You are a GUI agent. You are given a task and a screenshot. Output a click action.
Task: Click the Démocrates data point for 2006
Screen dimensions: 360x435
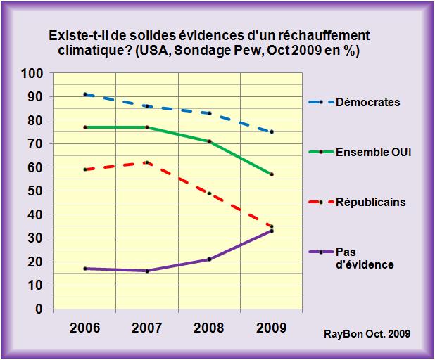coord(85,94)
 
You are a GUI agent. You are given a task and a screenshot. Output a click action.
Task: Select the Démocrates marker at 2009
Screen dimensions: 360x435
coord(272,131)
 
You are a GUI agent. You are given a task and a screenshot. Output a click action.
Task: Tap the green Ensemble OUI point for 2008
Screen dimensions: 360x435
coord(209,141)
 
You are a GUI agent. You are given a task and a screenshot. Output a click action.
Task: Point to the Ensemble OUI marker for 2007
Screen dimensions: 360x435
coord(147,127)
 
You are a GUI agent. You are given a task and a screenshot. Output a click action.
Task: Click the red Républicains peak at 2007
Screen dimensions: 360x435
coord(147,162)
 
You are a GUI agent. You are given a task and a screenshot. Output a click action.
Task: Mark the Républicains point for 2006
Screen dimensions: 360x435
coord(85,169)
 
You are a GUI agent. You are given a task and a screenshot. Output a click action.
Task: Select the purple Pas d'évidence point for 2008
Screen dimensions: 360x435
coord(209,259)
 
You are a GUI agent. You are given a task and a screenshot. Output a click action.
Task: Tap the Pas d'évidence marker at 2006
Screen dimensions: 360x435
coord(85,269)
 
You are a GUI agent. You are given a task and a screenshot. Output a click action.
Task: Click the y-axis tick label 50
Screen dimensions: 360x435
coord(37,191)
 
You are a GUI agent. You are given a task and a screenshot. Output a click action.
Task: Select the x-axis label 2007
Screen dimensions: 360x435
coord(147,328)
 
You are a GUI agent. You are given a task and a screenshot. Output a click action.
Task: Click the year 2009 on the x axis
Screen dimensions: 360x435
coord(271,328)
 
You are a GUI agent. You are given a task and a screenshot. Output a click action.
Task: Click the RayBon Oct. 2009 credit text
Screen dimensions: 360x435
coord(367,333)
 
